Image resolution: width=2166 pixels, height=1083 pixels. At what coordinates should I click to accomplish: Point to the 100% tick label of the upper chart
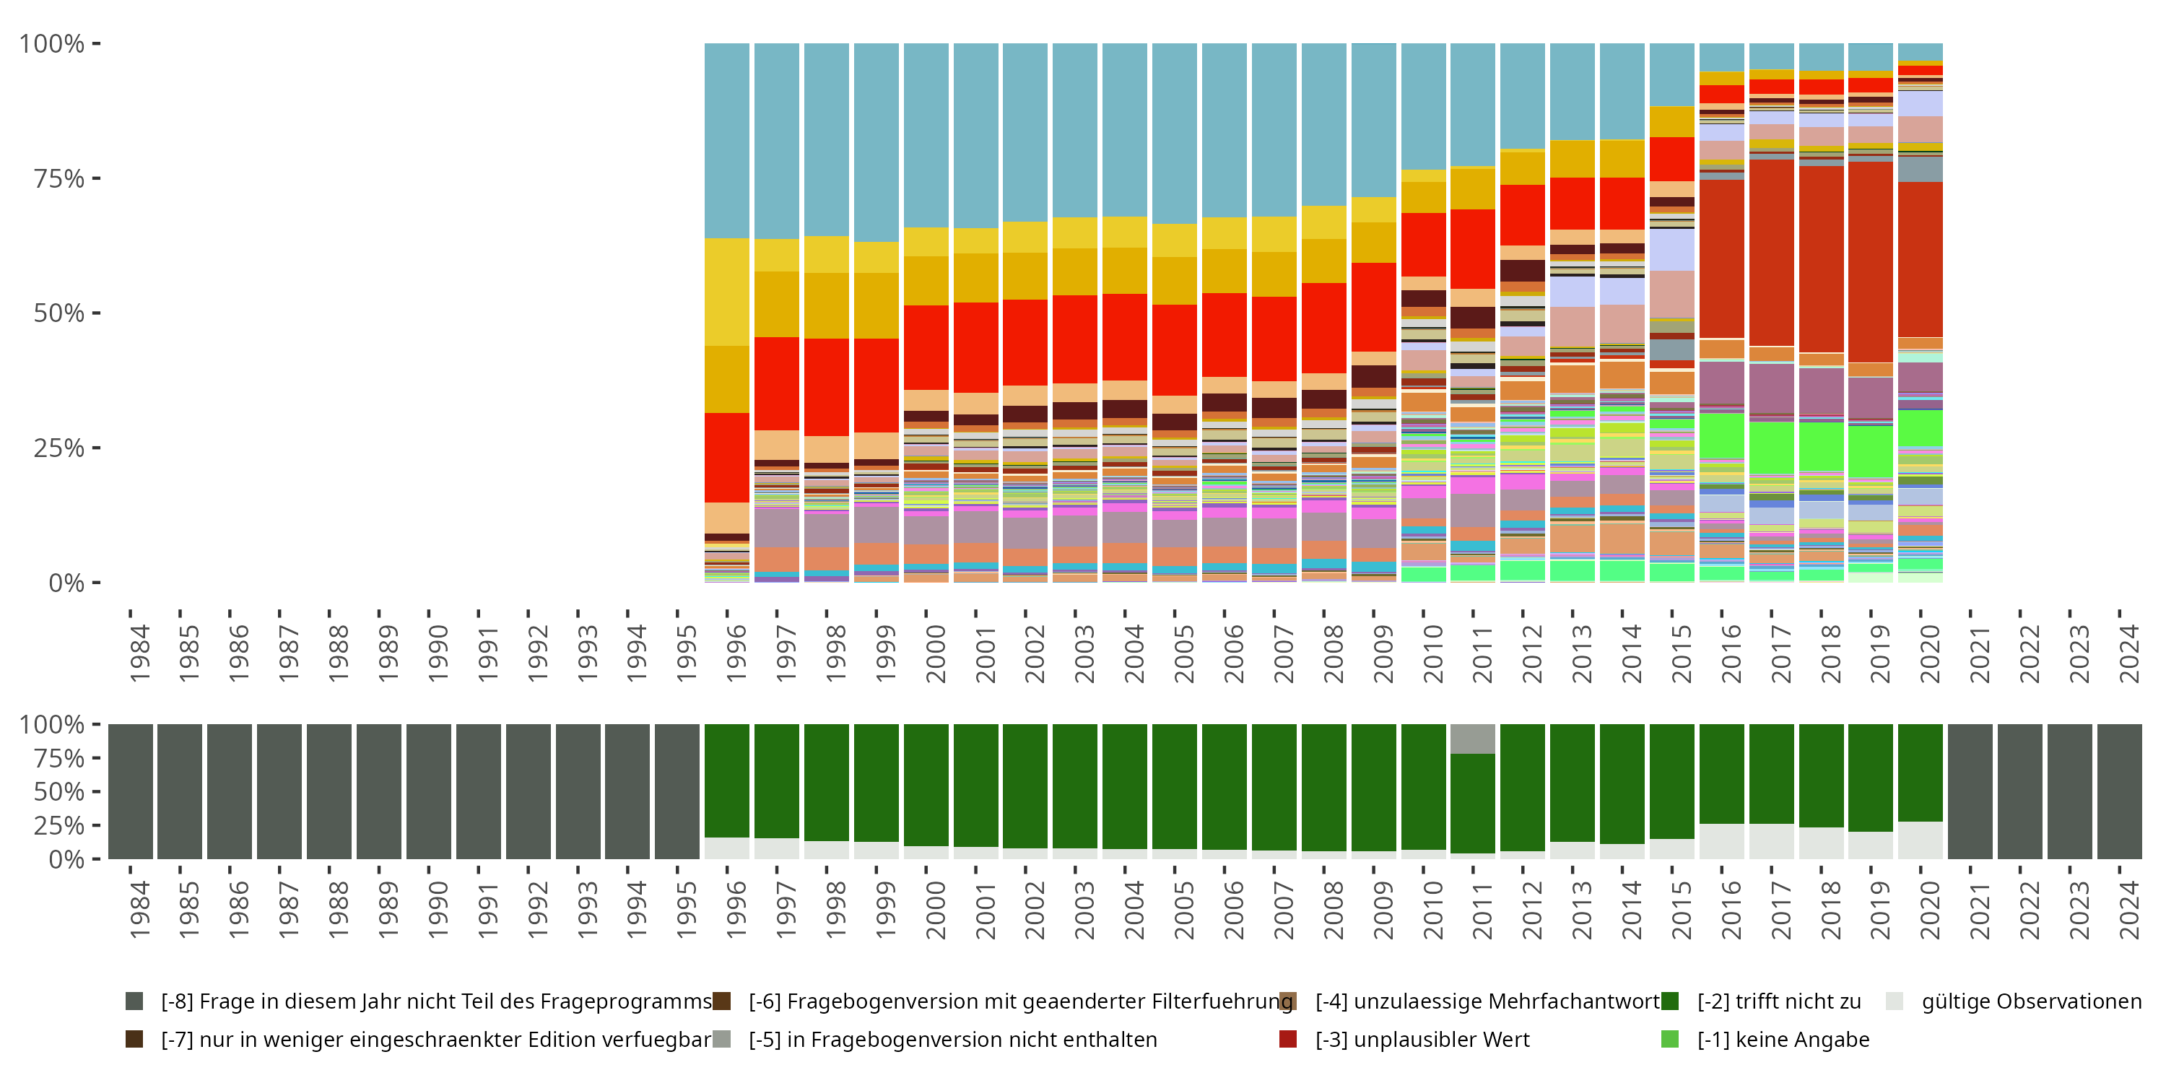click(52, 44)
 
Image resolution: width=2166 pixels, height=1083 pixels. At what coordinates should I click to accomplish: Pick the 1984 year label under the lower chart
click(139, 910)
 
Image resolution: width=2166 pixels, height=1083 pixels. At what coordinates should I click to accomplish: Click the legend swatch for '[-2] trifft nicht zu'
click(1670, 1001)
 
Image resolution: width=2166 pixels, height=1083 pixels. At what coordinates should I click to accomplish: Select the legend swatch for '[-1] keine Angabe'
click(1670, 1039)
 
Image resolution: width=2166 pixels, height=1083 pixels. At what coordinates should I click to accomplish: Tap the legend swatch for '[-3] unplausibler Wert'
click(1287, 1039)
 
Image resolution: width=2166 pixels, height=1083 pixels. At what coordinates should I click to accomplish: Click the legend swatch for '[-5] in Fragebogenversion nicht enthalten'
click(721, 1039)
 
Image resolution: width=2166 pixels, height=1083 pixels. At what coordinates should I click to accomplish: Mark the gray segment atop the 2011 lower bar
click(1472, 739)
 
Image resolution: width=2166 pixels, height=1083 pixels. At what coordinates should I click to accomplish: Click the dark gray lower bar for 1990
click(429, 791)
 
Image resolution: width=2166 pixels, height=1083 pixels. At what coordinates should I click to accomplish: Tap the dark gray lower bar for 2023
click(2069, 791)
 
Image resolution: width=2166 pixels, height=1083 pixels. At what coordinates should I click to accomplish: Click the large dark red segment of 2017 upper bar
click(1772, 252)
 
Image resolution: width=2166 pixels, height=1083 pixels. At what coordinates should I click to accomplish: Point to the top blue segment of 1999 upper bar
click(877, 142)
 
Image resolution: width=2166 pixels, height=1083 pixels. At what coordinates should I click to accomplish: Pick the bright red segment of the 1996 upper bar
click(726, 458)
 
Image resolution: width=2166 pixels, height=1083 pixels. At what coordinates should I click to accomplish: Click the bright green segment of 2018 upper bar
click(1822, 446)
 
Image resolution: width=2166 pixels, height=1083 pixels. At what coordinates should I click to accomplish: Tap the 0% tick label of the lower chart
click(66, 859)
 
